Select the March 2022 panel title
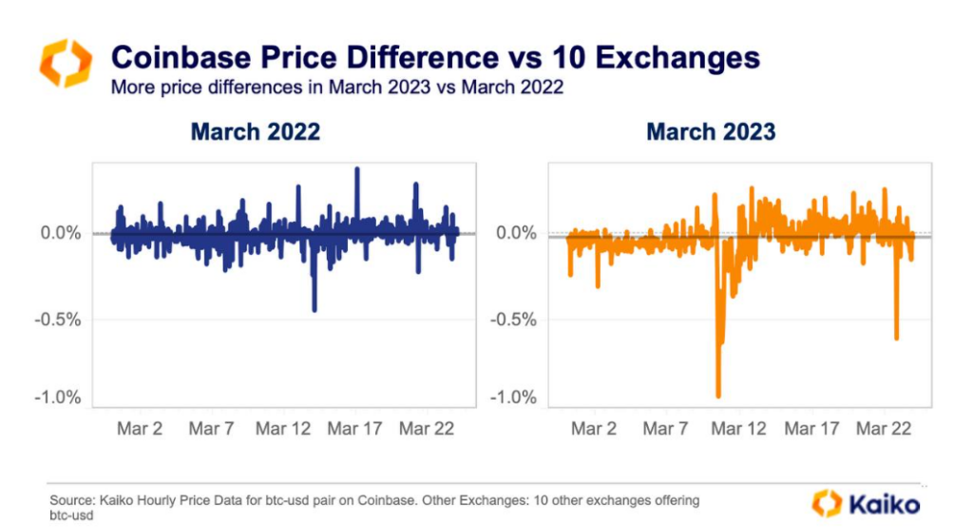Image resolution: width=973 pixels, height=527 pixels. [255, 131]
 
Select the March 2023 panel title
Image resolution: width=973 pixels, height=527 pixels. [711, 131]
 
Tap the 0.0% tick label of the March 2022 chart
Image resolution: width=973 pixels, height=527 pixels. [61, 233]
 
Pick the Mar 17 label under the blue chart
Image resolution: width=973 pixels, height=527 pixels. [355, 429]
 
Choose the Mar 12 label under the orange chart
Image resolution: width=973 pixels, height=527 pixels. [739, 429]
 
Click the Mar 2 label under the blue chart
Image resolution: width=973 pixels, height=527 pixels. [139, 429]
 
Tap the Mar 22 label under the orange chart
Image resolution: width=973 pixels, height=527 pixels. [884, 429]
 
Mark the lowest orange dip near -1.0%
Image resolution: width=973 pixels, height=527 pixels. [718, 395]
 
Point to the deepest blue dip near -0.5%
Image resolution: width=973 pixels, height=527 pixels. [315, 308]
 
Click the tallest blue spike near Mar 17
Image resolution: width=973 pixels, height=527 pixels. [357, 170]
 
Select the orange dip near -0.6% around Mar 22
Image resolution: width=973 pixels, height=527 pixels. [896, 336]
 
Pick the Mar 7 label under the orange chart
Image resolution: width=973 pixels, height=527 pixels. [665, 429]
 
